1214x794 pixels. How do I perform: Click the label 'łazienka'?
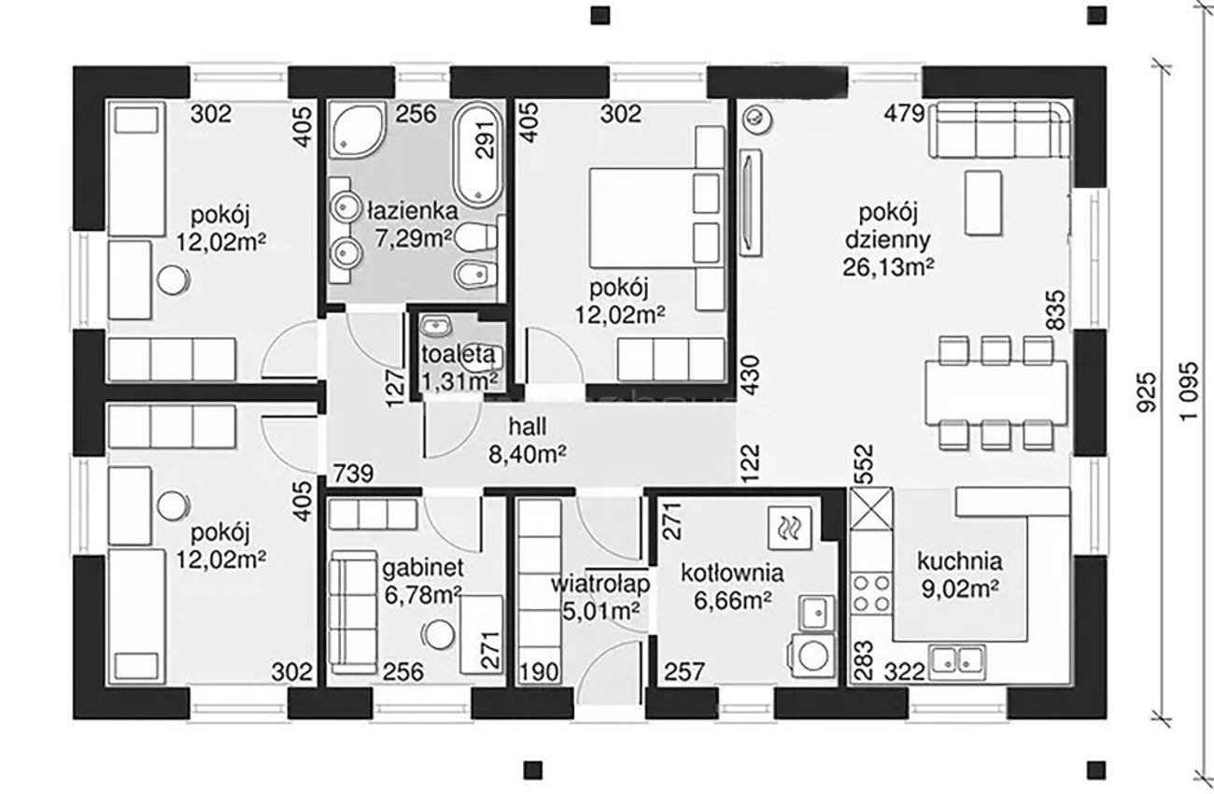[413, 211]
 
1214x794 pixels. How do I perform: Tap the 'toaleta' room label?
[459, 354]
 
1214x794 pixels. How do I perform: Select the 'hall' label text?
[528, 427]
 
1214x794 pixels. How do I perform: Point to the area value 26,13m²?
[888, 266]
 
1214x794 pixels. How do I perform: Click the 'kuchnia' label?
[959, 561]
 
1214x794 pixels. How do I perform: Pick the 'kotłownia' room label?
[732, 574]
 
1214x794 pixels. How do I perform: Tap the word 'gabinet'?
[423, 568]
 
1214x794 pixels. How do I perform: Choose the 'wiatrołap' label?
[600, 585]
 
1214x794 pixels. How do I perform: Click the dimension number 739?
[353, 474]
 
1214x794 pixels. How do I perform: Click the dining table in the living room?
[996, 393]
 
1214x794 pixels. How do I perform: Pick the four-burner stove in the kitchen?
[871, 593]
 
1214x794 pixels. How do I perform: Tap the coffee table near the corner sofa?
[983, 203]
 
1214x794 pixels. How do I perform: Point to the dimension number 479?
[904, 114]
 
